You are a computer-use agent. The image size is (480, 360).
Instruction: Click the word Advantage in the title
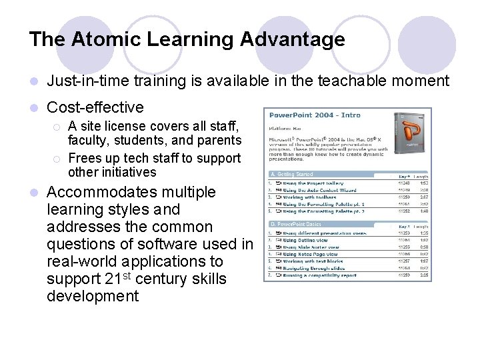point(293,39)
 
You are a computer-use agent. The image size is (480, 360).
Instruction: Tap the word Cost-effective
point(95,107)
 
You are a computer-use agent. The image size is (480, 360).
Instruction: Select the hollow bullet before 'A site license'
point(58,127)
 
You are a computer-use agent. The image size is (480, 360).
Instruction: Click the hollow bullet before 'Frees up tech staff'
point(58,159)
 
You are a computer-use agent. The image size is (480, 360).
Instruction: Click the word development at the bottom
point(93,296)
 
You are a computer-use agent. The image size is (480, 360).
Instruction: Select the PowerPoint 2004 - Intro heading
point(315,115)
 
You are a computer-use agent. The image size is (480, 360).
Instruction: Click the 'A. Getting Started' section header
point(291,174)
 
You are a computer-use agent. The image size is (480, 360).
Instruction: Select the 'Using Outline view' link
point(306,240)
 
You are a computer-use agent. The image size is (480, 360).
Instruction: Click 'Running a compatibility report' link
point(319,275)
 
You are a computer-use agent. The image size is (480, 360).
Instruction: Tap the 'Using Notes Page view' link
point(311,254)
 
